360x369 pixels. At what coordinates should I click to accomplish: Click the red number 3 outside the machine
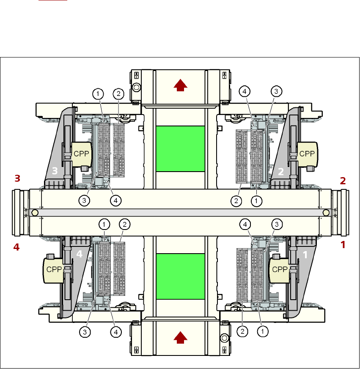coord(17,179)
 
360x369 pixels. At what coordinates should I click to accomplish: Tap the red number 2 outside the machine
coord(343,181)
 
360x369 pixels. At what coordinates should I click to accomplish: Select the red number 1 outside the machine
coord(343,244)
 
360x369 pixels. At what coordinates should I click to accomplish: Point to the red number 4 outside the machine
coord(16,247)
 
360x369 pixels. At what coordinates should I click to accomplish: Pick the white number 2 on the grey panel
coord(280,172)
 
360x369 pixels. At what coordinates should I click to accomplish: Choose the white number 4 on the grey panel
coord(79,254)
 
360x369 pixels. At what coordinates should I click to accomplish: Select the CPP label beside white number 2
coord(308,153)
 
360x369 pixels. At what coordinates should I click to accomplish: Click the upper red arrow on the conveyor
coord(181,86)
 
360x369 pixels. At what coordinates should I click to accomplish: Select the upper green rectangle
coord(180,148)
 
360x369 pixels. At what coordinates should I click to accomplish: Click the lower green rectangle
coord(180,276)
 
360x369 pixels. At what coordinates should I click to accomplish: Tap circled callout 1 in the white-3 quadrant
coord(98,93)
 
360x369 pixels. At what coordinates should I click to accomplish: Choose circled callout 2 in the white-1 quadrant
coord(242,332)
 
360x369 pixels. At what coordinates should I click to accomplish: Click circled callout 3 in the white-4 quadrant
coord(85,332)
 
